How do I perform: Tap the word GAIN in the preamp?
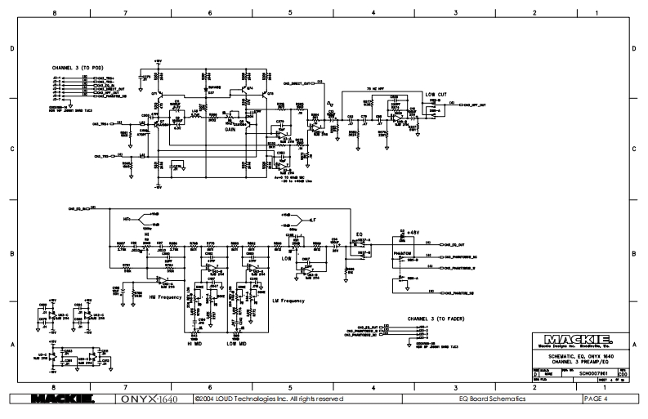click(x=218, y=129)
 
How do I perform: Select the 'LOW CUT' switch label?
click(x=436, y=95)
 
